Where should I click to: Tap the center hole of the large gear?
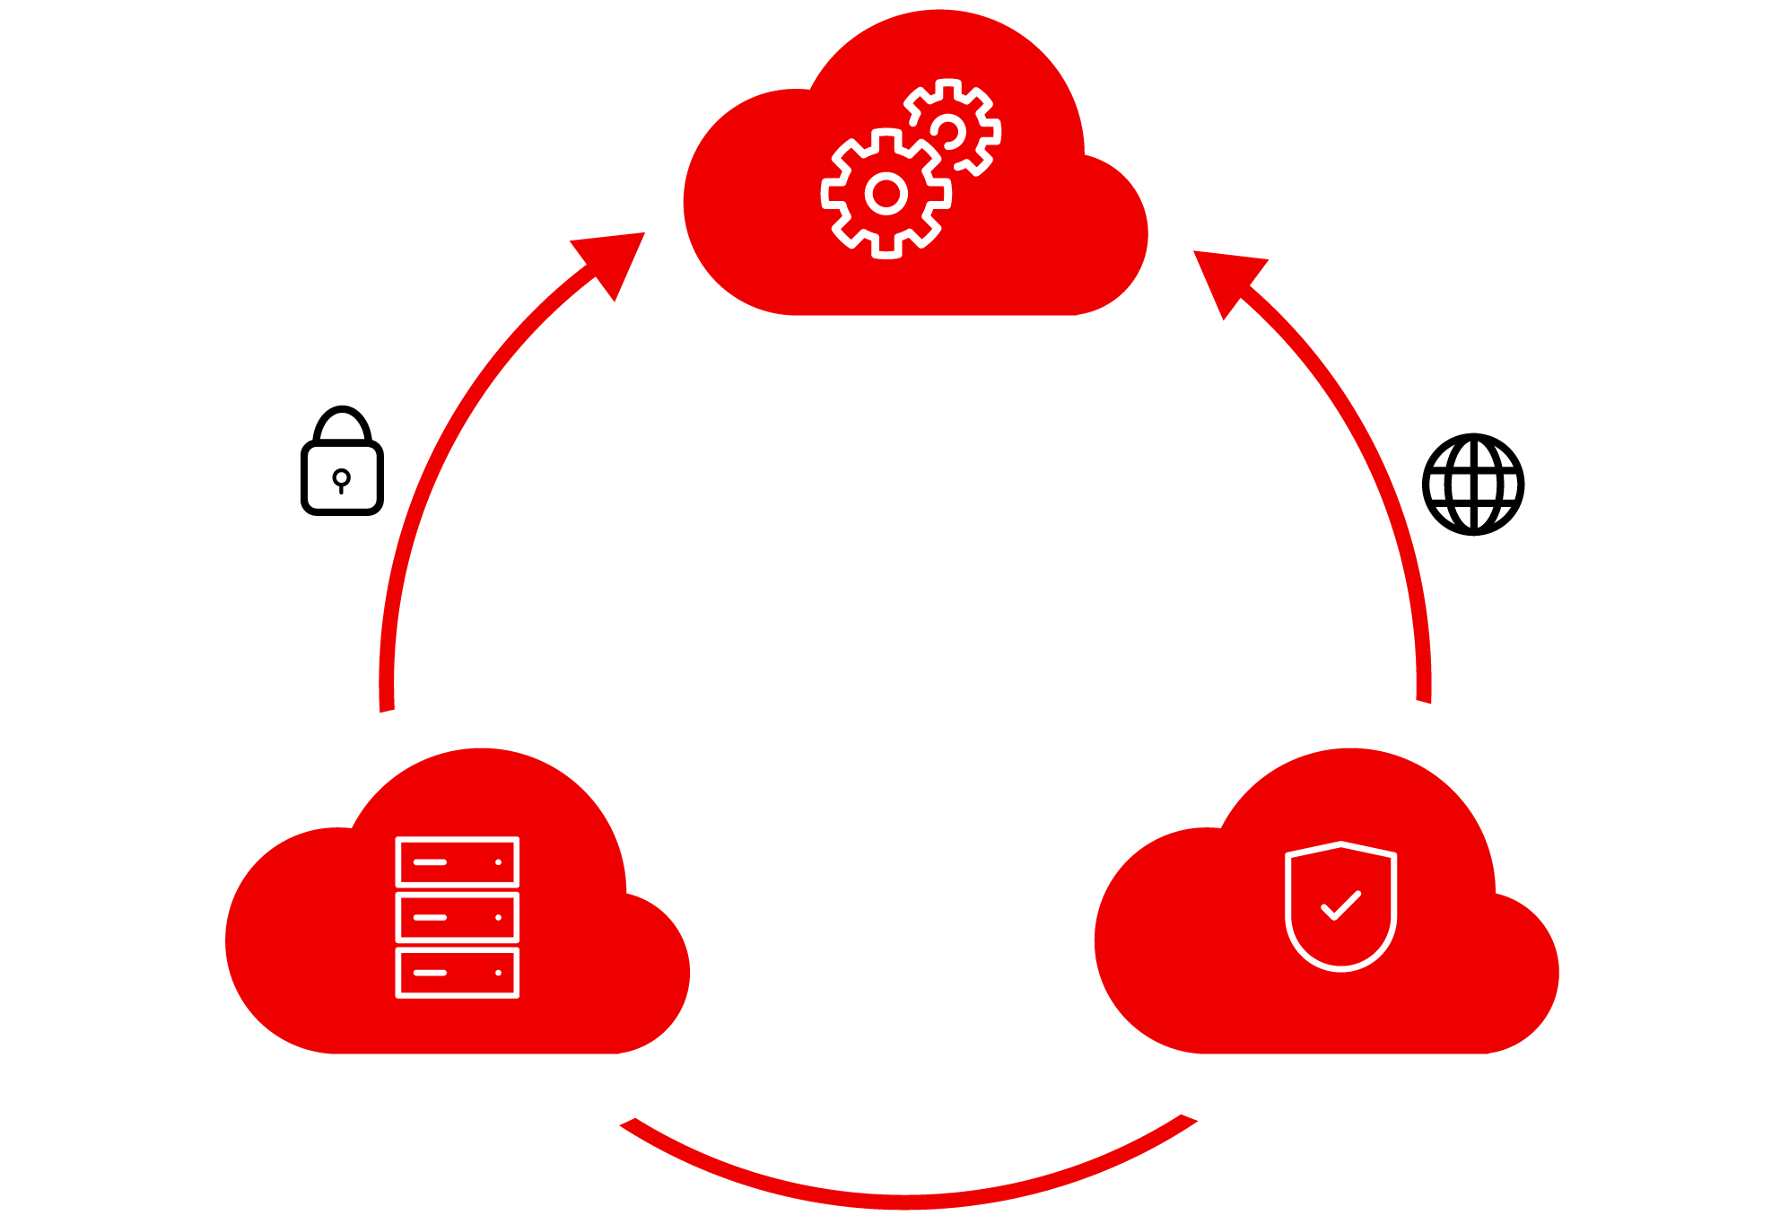point(886,193)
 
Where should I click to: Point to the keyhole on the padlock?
point(341,477)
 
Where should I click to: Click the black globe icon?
point(1472,485)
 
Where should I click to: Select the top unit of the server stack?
point(457,861)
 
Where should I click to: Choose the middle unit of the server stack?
point(457,917)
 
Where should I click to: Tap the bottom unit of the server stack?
point(457,973)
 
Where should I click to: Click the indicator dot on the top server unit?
point(498,862)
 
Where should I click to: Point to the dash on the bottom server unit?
point(430,973)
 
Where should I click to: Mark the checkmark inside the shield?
point(1341,905)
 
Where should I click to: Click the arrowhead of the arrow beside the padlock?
point(614,259)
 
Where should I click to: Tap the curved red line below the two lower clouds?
point(906,1201)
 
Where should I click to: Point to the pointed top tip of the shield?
point(1340,844)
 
